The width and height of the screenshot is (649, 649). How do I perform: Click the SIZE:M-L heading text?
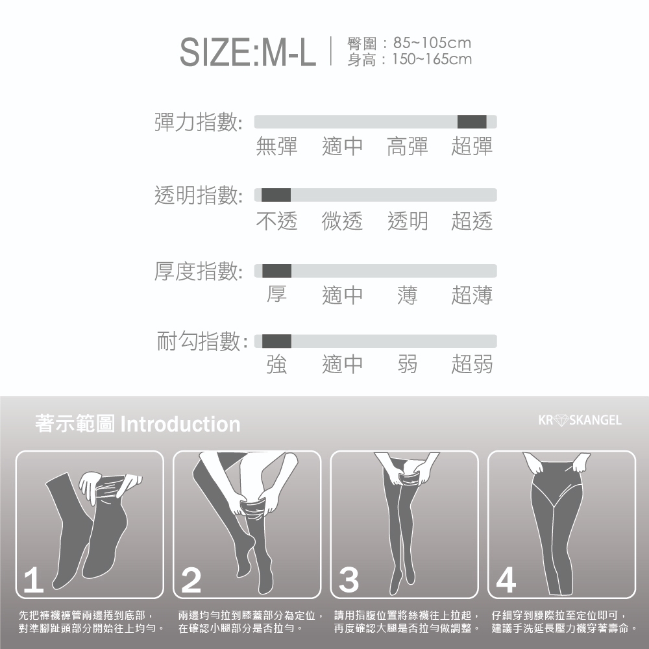(247, 52)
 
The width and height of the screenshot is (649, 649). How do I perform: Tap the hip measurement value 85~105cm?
(432, 43)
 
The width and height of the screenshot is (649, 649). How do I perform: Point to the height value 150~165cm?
(432, 59)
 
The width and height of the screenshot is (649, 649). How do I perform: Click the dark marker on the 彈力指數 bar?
(472, 122)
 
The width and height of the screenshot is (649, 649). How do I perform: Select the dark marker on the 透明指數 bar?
(276, 195)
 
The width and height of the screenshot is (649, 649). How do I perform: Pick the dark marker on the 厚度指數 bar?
(277, 271)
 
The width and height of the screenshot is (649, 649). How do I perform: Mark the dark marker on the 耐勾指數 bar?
(277, 341)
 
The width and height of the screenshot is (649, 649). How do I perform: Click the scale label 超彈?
(472, 146)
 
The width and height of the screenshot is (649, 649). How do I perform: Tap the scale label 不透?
(277, 221)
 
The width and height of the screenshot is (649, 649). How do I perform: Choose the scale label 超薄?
(472, 295)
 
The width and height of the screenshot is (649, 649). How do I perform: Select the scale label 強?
(277, 365)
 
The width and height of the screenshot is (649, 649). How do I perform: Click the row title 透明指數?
(197, 195)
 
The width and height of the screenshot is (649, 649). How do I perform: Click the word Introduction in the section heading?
(180, 424)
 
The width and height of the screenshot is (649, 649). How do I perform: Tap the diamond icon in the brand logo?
(561, 420)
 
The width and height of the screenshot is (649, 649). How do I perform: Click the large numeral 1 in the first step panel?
(33, 581)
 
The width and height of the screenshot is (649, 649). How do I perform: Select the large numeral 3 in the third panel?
(349, 580)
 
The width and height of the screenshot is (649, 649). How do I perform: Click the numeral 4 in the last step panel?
(506, 580)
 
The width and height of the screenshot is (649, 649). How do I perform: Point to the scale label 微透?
(342, 221)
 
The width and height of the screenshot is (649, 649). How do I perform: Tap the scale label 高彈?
(408, 146)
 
